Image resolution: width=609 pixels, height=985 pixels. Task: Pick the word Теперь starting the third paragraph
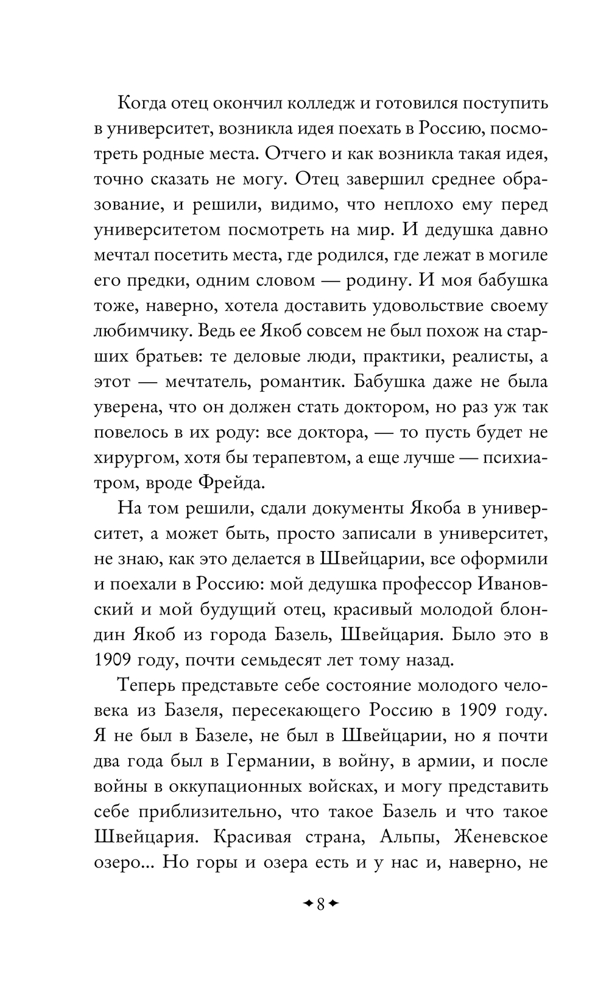tap(146, 686)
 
